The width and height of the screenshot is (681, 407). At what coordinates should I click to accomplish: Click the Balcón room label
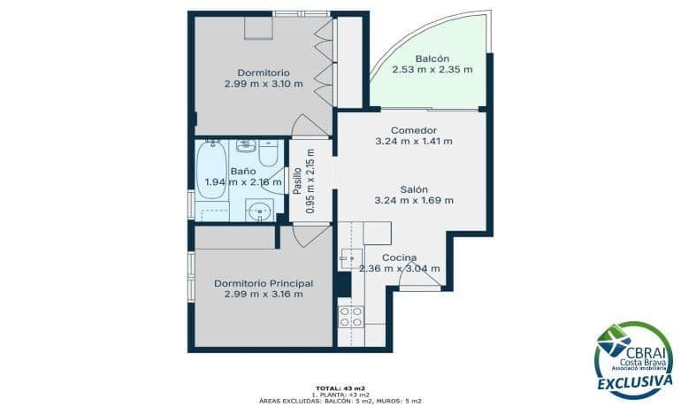coord(432,58)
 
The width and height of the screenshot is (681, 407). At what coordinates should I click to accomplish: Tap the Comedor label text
coord(414,130)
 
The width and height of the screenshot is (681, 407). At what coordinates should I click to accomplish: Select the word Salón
coord(414,189)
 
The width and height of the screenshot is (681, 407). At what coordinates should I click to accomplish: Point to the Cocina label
coord(400,257)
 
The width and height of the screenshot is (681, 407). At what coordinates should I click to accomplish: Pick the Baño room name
coord(243,171)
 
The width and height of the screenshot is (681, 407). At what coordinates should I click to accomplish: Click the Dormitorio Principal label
coord(264,283)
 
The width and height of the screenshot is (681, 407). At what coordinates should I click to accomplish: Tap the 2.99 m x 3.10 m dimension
coord(264,84)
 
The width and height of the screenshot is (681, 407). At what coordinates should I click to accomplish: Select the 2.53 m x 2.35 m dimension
coord(432,69)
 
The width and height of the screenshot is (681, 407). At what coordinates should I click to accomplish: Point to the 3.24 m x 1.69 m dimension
coord(414,200)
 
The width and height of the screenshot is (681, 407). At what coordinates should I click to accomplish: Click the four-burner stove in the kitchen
coord(350,317)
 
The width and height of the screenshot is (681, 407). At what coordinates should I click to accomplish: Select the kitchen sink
coord(348,257)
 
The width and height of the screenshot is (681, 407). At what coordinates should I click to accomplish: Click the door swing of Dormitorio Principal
coord(310,235)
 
